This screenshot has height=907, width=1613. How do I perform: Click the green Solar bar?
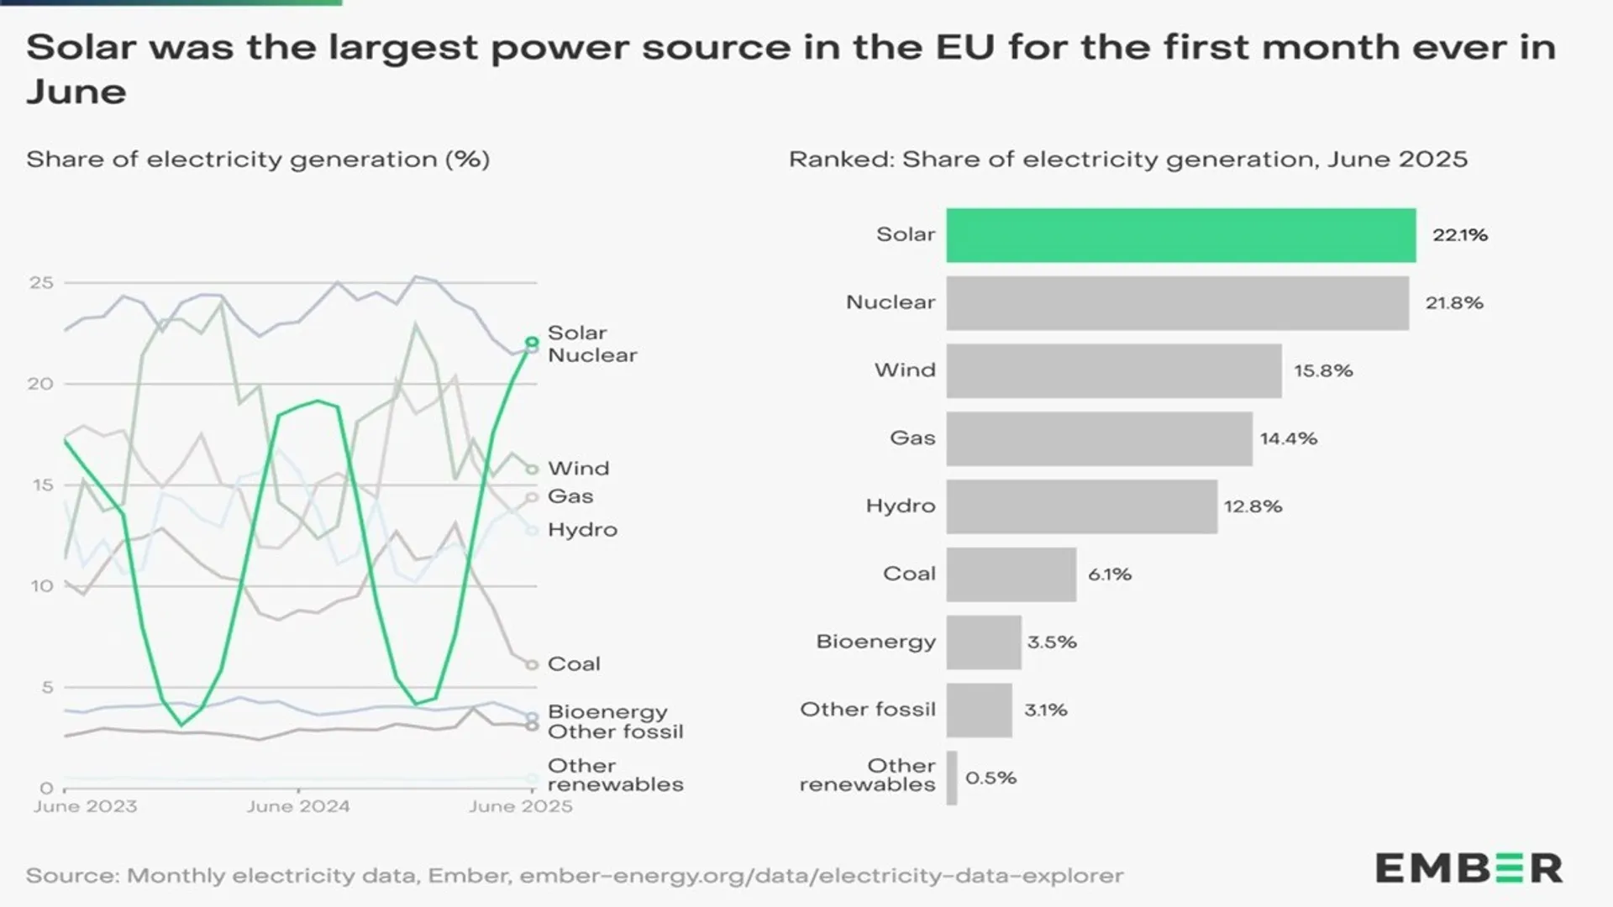[1180, 235]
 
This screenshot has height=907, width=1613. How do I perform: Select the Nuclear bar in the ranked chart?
[1176, 303]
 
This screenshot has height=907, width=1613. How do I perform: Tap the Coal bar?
[1011, 574]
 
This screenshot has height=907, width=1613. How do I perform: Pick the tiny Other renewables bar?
[952, 778]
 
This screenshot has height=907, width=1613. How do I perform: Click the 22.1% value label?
[1459, 235]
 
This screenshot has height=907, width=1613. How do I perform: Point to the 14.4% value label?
[1288, 438]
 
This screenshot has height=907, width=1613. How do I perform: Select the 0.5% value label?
[990, 778]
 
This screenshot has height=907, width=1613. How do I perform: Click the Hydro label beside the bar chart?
[900, 506]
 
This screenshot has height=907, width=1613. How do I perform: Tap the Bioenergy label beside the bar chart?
[875, 642]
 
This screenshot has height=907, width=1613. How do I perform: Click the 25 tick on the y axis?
[41, 283]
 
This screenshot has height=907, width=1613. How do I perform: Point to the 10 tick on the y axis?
[41, 586]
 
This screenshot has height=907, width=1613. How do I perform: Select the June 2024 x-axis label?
[297, 806]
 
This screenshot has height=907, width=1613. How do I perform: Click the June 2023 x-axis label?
[85, 806]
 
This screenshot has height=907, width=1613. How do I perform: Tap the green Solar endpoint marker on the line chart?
[532, 342]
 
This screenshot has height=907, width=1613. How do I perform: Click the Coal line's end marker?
[532, 664]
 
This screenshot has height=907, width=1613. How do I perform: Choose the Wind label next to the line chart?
[578, 469]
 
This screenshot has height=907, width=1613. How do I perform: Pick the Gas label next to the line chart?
[570, 496]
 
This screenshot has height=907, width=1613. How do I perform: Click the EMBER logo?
[1469, 868]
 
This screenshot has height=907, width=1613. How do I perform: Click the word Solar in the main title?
[81, 48]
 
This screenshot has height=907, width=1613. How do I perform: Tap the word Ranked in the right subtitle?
[840, 160]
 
